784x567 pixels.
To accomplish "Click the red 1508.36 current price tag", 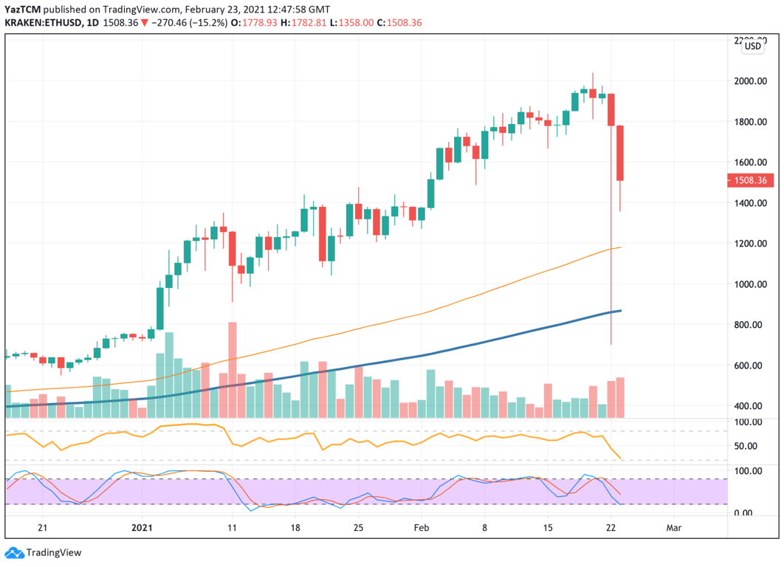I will click(x=749, y=180).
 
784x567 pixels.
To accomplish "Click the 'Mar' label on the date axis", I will click(x=673, y=528).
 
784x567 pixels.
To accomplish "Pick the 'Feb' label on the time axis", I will click(x=421, y=528).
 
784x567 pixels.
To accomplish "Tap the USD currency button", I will click(x=753, y=46).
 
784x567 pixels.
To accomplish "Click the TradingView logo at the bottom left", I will click(x=44, y=552).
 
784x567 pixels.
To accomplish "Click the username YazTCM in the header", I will click(x=21, y=8).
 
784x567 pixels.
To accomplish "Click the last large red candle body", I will click(x=621, y=153).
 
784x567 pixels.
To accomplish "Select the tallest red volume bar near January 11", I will click(x=232, y=369).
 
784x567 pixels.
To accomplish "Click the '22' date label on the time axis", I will click(x=611, y=528).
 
